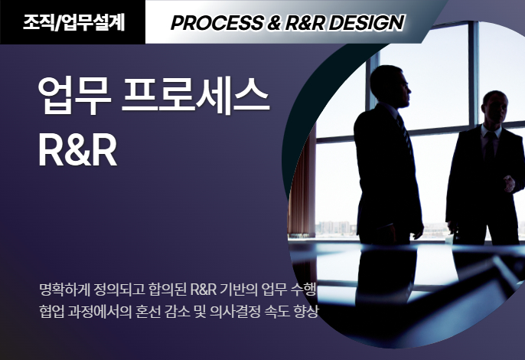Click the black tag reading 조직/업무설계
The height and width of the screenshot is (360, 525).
(x=73, y=21)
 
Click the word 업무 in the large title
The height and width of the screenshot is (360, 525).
(x=74, y=96)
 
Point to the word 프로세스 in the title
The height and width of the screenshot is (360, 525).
(x=196, y=96)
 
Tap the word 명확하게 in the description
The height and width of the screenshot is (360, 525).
(x=64, y=290)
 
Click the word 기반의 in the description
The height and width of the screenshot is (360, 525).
(x=239, y=290)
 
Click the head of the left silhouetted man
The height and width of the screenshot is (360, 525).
(x=391, y=87)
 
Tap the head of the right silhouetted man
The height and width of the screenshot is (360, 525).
(x=494, y=107)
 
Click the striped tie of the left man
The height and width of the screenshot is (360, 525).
(x=406, y=134)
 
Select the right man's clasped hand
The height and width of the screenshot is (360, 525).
(x=509, y=184)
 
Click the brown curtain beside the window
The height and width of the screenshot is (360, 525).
(x=302, y=188)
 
